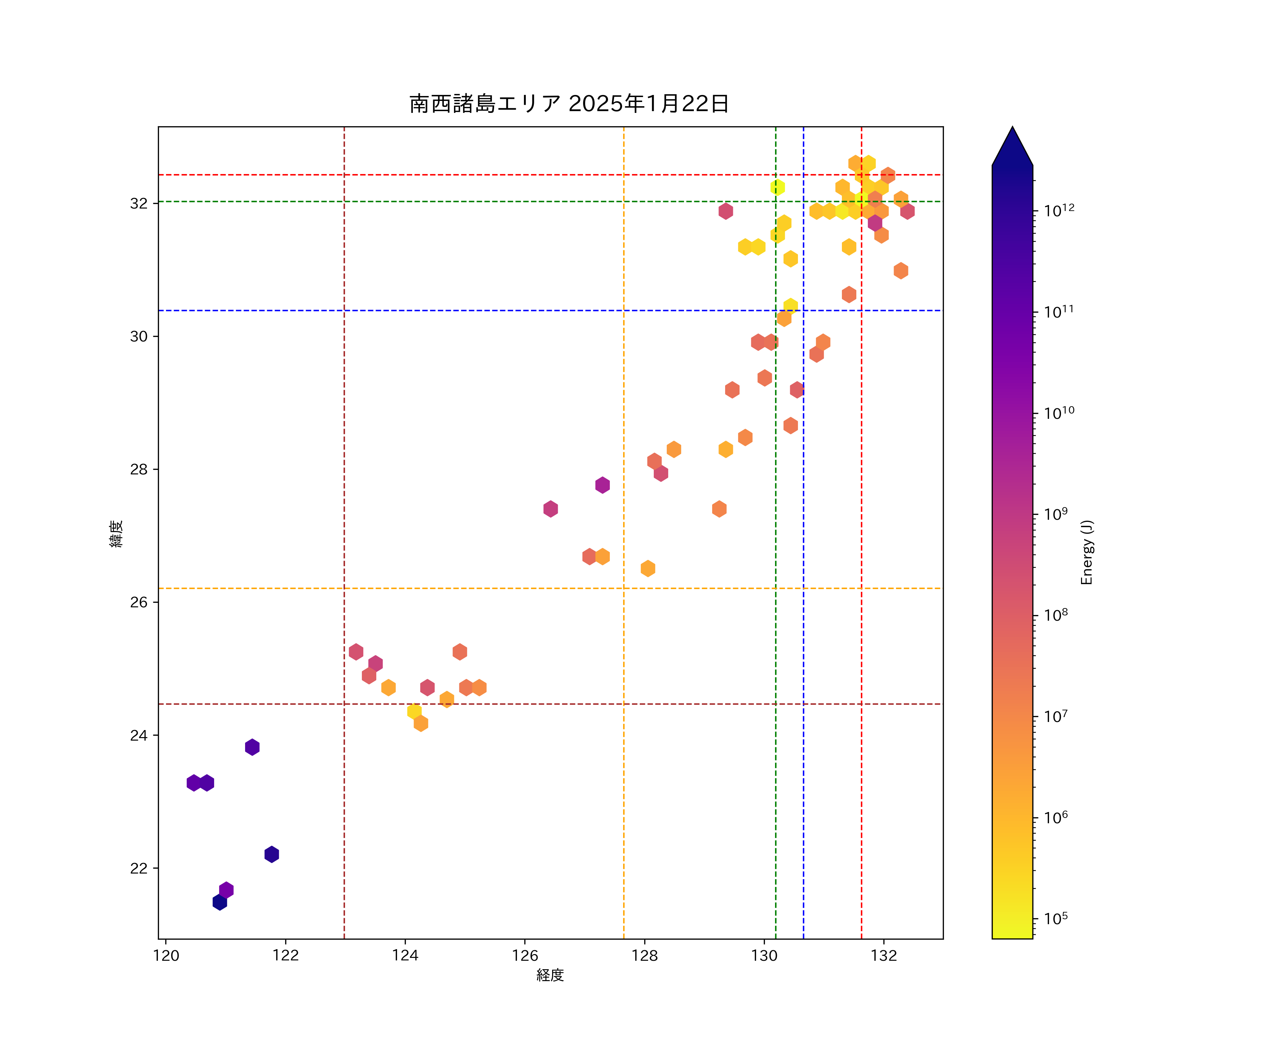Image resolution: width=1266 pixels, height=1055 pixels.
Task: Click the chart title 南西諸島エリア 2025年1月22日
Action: (569, 104)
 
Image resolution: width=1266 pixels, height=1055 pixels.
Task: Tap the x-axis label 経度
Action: (550, 975)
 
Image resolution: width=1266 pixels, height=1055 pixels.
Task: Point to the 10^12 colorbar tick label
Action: (1059, 210)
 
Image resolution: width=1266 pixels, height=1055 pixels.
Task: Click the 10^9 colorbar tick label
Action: (1056, 514)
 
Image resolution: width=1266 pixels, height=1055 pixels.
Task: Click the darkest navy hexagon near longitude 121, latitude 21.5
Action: (219, 902)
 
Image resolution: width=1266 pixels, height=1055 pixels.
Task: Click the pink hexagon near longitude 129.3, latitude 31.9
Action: (726, 211)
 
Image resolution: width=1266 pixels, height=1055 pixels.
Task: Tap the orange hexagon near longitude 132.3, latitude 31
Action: (901, 271)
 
